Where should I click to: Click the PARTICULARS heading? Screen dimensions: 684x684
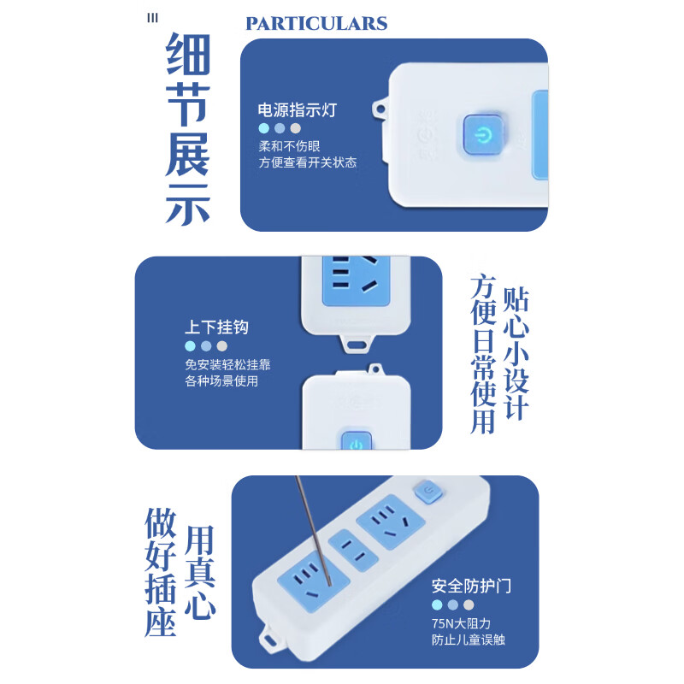point(316,24)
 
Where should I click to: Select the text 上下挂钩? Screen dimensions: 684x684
point(217,327)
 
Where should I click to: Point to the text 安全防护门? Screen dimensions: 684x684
point(471,586)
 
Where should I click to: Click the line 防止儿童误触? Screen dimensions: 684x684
point(468,640)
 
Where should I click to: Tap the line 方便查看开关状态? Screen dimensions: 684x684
point(308,162)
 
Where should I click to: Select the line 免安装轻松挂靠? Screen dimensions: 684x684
point(227,364)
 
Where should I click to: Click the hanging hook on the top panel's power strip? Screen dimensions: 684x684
point(380,109)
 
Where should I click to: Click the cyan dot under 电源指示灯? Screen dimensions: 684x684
point(264,128)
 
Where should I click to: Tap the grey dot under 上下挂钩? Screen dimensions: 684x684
point(222,346)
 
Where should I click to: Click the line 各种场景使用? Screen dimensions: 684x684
point(221,381)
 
